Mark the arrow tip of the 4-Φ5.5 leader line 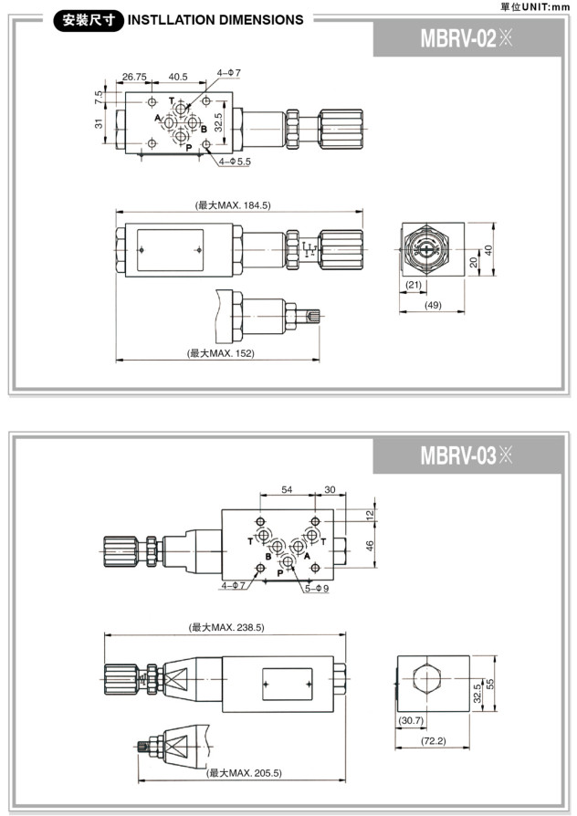click(x=205, y=147)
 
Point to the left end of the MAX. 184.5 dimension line click(x=116, y=212)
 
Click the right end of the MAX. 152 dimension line click(x=320, y=359)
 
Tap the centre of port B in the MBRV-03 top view click(x=278, y=547)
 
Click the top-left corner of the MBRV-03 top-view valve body click(x=222, y=509)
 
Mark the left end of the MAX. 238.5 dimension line click(x=105, y=634)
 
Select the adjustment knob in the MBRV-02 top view click(x=341, y=129)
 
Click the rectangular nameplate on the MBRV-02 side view click(x=170, y=250)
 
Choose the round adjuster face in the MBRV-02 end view click(x=426, y=250)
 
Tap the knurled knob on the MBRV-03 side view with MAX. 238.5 click(x=121, y=679)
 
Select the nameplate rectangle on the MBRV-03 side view click(x=287, y=684)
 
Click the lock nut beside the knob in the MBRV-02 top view click(x=293, y=129)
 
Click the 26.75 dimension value click(x=134, y=77)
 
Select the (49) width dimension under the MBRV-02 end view click(x=434, y=305)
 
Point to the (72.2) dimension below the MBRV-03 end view click(x=434, y=740)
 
